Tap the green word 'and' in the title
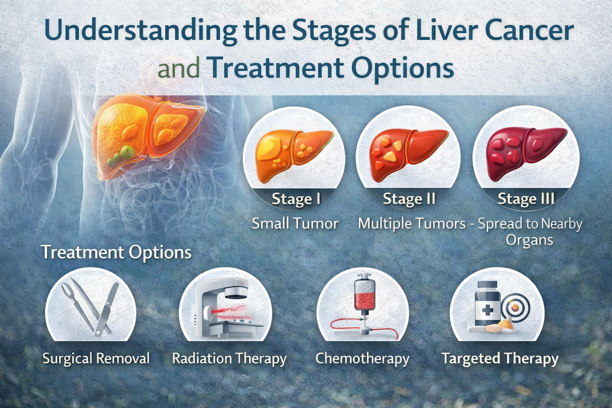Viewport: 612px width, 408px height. (x=179, y=68)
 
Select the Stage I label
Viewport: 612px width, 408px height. (x=296, y=198)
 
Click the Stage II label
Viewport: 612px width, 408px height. (x=409, y=198)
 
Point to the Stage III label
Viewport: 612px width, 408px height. (x=526, y=198)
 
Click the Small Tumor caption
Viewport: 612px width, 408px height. (x=295, y=223)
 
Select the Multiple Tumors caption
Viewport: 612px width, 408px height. (x=412, y=224)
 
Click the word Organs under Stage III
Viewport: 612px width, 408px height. (x=529, y=240)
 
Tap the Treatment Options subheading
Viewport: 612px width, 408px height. (x=116, y=252)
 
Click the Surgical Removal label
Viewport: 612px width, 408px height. (x=96, y=358)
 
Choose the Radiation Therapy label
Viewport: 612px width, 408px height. (x=229, y=359)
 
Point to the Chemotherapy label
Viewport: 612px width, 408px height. (x=362, y=359)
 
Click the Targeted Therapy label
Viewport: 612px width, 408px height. (x=500, y=359)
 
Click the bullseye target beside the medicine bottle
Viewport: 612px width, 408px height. (x=515, y=308)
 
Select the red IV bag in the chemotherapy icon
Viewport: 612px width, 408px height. (x=365, y=294)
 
